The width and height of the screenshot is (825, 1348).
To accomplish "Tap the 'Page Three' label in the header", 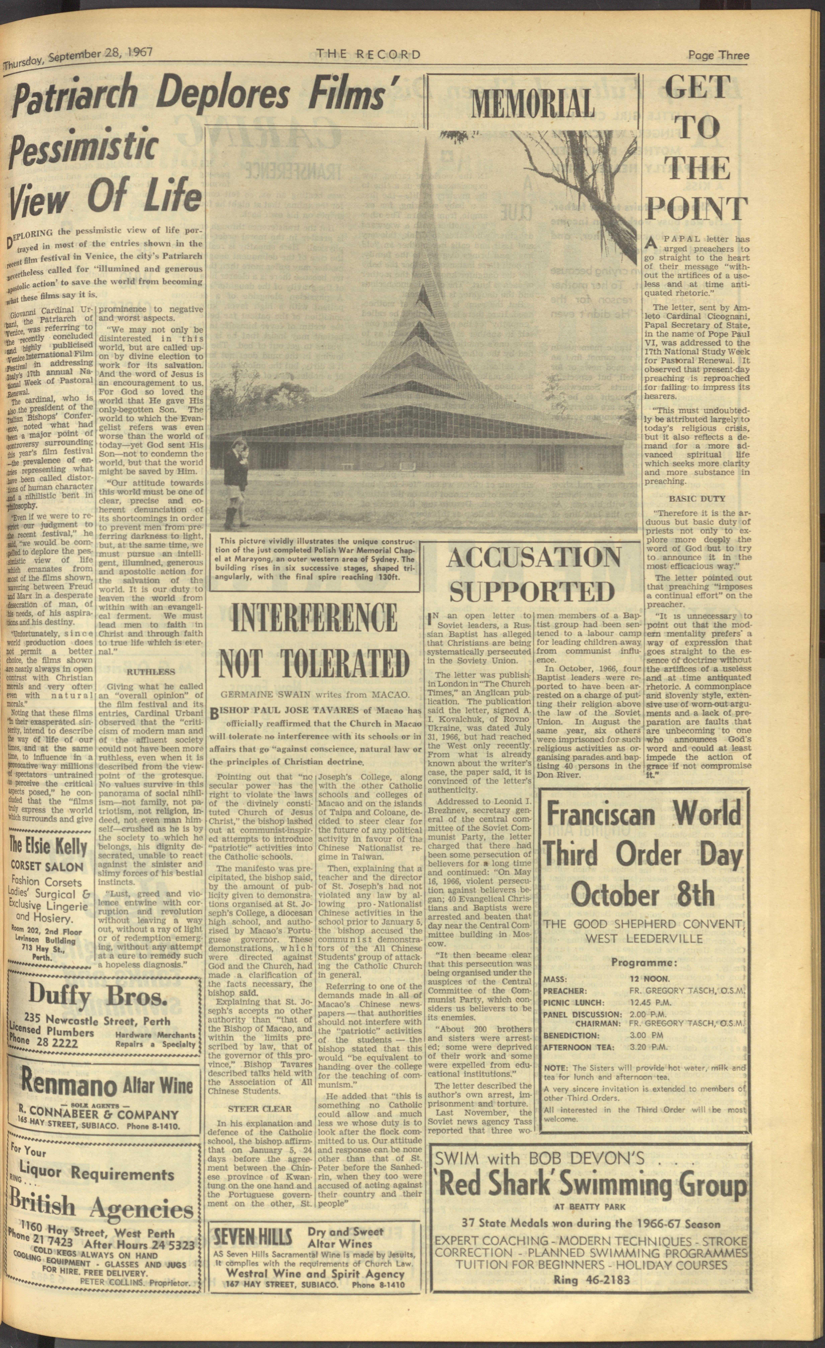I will pos(718,55).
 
